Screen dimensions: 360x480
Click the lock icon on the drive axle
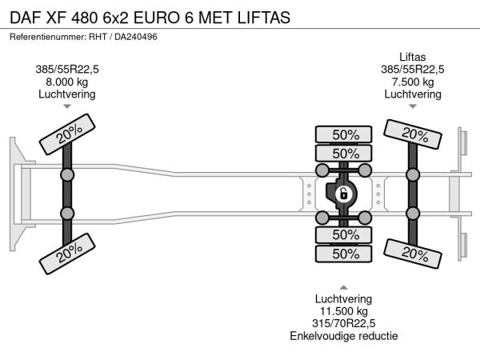pyautogui.click(x=343, y=194)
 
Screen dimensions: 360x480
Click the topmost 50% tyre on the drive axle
pyautogui.click(x=345, y=134)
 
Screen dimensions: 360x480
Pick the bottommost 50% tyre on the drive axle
pyautogui.click(x=345, y=254)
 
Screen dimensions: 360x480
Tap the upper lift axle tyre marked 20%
pyautogui.click(x=413, y=134)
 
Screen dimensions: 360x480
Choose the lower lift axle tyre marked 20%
pyautogui.click(x=413, y=253)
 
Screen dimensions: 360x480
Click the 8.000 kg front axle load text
pyautogui.click(x=67, y=82)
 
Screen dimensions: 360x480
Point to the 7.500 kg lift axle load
pyautogui.click(x=413, y=82)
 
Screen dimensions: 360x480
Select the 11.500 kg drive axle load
pyautogui.click(x=343, y=311)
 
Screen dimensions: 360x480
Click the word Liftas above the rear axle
pyautogui.click(x=413, y=56)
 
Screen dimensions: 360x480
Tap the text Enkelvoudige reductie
pyautogui.click(x=343, y=336)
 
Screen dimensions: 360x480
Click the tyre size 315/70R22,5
pyautogui.click(x=343, y=323)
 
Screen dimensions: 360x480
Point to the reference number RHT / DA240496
pyautogui.click(x=123, y=37)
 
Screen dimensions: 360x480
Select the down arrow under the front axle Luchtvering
pyautogui.click(x=67, y=106)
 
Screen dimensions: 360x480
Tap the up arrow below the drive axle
pyautogui.click(x=343, y=286)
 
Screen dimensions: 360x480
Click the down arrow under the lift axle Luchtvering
pyautogui.click(x=413, y=106)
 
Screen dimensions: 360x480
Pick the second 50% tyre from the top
pyautogui.click(x=345, y=154)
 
